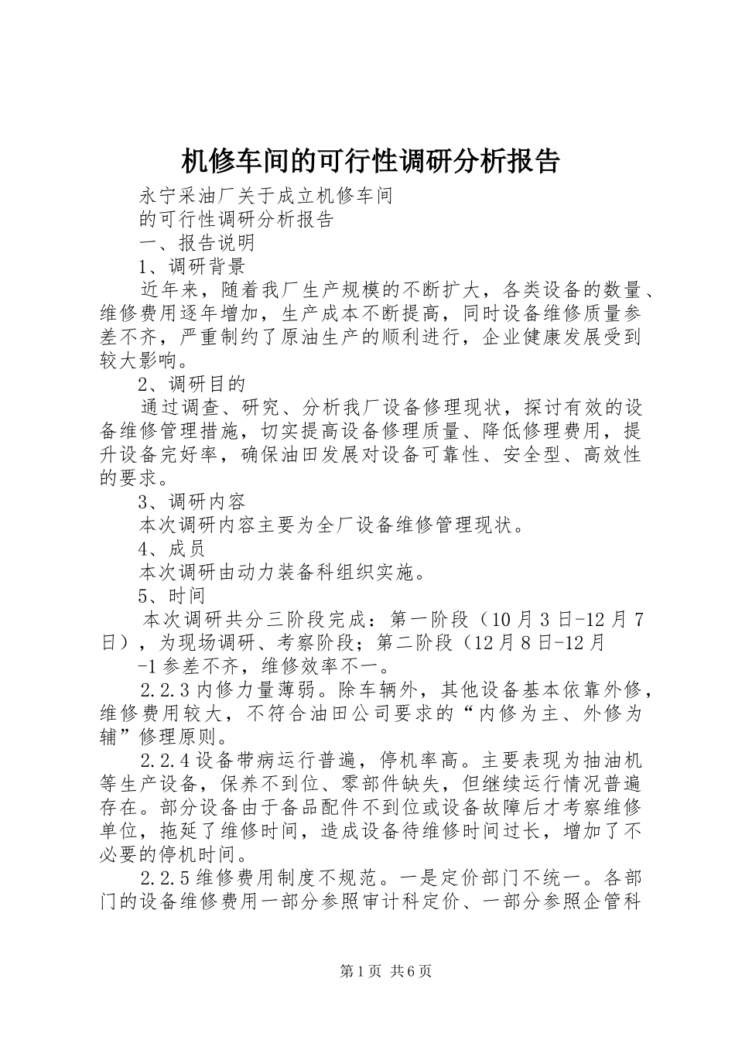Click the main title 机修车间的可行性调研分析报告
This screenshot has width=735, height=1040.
369,161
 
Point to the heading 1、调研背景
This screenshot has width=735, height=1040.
191,266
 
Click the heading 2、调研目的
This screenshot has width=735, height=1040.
191,384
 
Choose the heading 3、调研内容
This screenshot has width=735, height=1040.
191,502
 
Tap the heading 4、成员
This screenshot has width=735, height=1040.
171,549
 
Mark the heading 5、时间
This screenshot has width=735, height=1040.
171,596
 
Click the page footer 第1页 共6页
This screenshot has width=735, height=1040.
367,971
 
